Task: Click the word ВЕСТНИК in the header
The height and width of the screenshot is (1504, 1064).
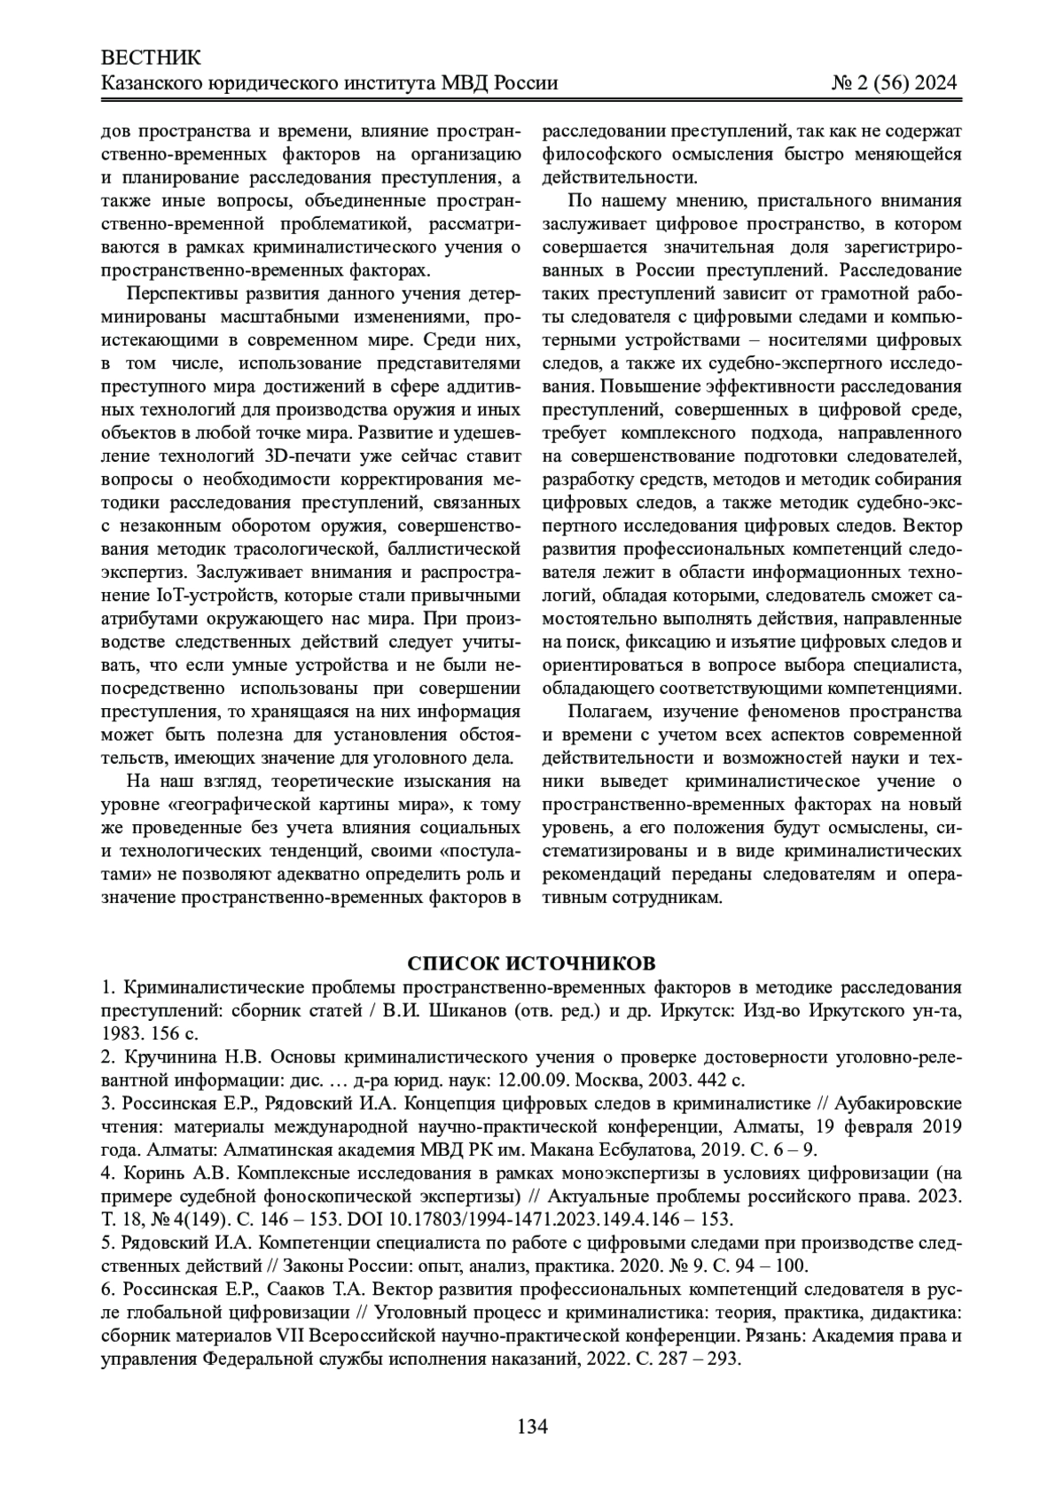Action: [152, 58]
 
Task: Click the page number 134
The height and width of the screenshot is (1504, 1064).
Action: [532, 1426]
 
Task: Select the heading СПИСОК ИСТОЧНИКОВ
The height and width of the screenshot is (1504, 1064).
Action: [532, 963]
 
